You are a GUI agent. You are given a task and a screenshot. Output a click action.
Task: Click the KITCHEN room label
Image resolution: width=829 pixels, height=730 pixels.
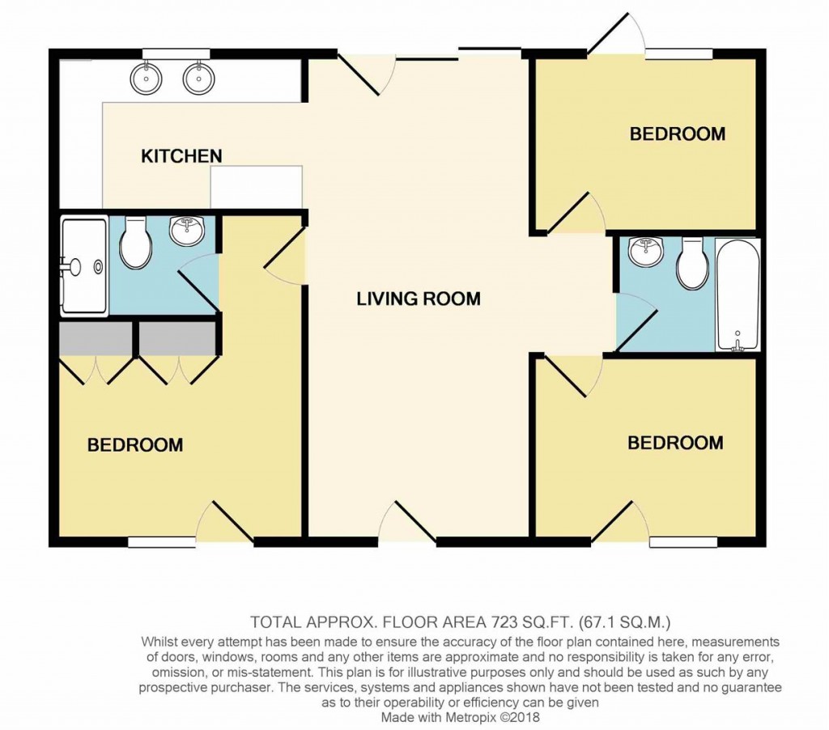[x=181, y=155]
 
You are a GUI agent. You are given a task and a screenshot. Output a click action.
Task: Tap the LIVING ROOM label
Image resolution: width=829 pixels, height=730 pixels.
[x=419, y=299]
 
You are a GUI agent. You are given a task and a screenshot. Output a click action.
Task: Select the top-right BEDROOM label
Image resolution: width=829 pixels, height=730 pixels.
[x=678, y=134]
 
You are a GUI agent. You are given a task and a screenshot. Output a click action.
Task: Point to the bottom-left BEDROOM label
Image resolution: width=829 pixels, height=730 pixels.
[x=135, y=444]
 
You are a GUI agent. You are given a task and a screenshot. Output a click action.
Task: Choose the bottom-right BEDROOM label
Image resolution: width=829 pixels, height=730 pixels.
[x=675, y=443]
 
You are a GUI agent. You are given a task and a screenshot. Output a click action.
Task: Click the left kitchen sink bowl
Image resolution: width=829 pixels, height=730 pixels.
[x=147, y=79]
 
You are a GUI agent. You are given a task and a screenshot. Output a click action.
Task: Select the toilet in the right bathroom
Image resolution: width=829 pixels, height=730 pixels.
[x=692, y=265]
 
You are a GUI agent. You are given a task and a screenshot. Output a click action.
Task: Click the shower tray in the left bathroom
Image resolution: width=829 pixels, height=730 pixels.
[x=83, y=265]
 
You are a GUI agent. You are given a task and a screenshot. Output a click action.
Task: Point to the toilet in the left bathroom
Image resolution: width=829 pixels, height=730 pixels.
[x=135, y=244]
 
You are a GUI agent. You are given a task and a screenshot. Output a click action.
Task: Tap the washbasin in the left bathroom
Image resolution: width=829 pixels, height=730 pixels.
[x=188, y=231]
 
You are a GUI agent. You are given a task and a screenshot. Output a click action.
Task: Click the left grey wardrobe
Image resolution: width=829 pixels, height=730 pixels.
[x=96, y=338]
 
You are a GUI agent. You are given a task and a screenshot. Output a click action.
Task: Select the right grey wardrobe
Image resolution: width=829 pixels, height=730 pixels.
[x=176, y=338]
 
